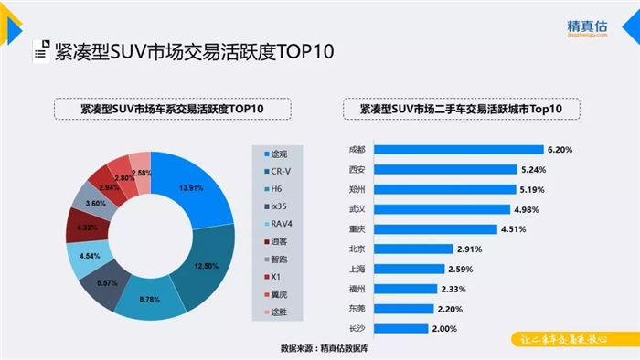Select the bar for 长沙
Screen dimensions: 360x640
tap(400, 328)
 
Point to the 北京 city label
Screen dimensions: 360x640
tap(357, 249)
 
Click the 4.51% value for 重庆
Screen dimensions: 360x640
tap(513, 228)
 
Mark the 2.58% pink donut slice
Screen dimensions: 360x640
tap(140, 170)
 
